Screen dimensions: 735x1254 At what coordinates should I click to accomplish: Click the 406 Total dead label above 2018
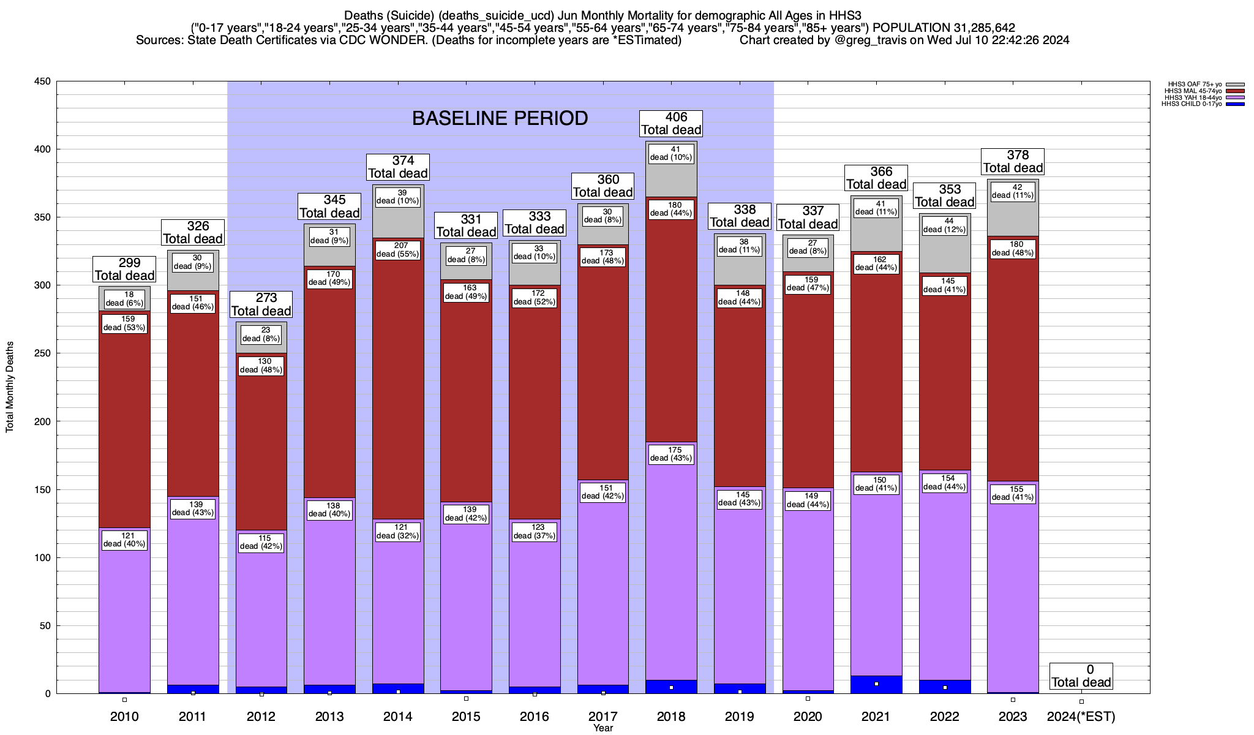pos(671,123)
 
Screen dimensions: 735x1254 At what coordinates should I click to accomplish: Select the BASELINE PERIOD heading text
pos(500,118)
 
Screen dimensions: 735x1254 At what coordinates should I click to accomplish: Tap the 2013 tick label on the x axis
pos(329,716)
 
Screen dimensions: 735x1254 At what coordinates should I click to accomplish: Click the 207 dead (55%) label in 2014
pos(398,250)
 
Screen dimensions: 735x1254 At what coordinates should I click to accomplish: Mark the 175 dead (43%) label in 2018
pos(671,454)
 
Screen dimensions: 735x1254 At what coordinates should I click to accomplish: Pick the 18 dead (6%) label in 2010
pos(124,299)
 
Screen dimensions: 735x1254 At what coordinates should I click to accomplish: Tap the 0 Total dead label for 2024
pos(1081,676)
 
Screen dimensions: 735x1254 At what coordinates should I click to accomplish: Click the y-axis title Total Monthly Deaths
pos(10,387)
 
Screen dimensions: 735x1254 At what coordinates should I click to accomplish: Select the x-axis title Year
pos(603,728)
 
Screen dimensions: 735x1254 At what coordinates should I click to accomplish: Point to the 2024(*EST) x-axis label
pos(1081,716)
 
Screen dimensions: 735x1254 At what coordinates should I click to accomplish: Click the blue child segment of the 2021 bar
pos(876,685)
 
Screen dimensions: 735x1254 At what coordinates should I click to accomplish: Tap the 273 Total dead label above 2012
pos(261,304)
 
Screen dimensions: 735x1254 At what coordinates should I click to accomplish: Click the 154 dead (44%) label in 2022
pos(945,483)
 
